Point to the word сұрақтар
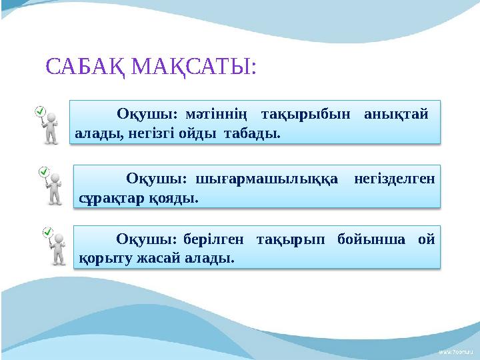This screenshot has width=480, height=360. point(106,197)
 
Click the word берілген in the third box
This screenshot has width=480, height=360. point(211,239)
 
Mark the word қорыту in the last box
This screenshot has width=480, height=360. point(100,257)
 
